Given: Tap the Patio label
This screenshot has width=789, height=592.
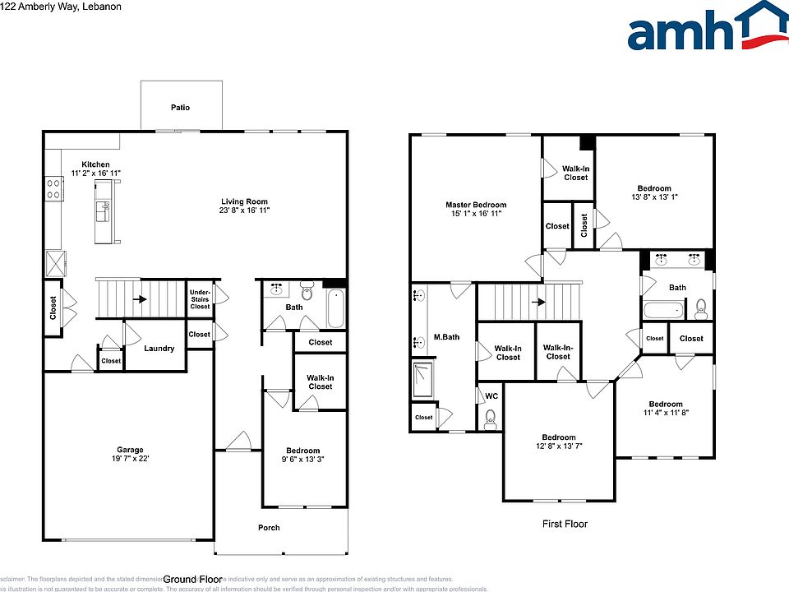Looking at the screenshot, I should click(180, 108).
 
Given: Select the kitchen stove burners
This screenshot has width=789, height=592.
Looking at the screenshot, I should click(54, 189).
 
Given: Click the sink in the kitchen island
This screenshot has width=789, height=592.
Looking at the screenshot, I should click(103, 212).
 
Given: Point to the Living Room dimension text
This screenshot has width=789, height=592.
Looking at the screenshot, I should click(244, 210).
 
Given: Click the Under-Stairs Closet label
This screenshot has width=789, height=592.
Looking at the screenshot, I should click(200, 299).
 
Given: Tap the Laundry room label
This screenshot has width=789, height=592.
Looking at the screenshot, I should click(159, 349).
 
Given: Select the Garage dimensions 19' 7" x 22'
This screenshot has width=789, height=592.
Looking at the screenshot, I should click(130, 459).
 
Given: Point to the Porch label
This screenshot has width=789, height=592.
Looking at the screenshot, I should click(269, 528).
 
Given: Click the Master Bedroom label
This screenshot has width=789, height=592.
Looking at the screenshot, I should click(476, 205).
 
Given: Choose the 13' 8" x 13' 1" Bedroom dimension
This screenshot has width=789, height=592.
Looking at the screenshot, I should click(654, 197).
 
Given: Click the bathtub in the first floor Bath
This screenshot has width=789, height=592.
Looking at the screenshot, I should click(663, 311).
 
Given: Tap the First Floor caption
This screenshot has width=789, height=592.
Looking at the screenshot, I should click(565, 524).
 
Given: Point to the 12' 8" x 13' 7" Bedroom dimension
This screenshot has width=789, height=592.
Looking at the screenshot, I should click(558, 446).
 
